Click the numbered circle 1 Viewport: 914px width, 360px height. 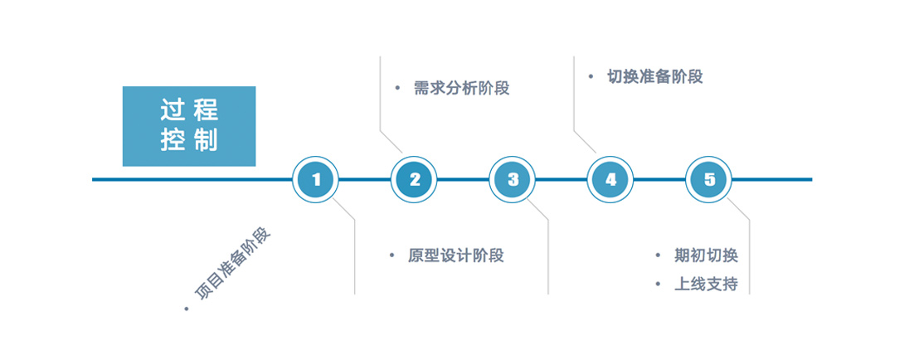(316, 179)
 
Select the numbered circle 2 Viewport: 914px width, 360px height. (415, 179)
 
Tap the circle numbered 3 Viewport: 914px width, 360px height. (513, 179)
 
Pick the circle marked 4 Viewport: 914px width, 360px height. (611, 179)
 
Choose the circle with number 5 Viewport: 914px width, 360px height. (709, 179)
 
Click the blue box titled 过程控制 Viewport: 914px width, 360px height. (189, 126)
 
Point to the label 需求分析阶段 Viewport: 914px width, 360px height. (462, 89)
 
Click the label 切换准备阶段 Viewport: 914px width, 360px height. (655, 77)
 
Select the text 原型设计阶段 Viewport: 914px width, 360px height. (456, 255)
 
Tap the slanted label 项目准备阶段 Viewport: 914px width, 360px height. (233, 264)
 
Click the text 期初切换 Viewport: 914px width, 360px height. (706, 255)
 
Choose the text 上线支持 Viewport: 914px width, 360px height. (706, 284)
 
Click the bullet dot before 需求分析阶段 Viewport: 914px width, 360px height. (397, 89)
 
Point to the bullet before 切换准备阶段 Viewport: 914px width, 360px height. (591, 76)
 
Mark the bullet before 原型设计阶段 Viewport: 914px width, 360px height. (391, 255)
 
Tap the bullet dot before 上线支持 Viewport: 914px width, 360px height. (658, 284)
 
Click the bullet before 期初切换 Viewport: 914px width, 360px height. (658, 255)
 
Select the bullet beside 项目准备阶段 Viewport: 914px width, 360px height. (187, 309)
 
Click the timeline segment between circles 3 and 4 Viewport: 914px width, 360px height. (562, 179)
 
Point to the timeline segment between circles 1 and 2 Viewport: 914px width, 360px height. (365, 179)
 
